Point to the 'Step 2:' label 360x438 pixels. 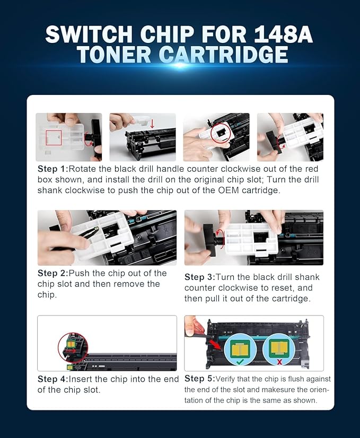point(56,274)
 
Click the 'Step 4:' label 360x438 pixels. point(56,379)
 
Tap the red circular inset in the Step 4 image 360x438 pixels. point(73,347)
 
